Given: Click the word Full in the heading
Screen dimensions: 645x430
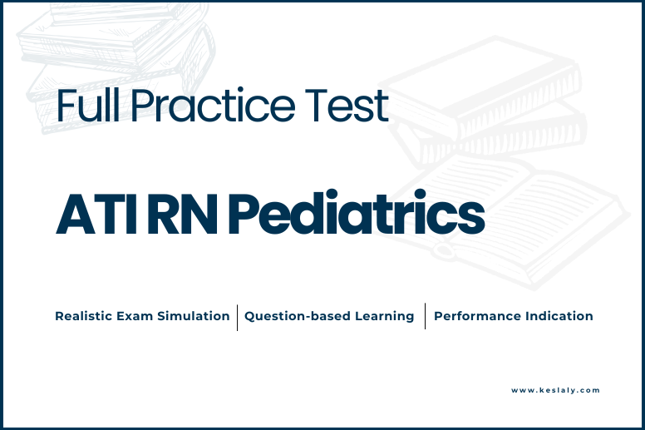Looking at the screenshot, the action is pos(88,105).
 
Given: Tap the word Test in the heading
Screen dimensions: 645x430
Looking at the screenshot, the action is pos(347,106).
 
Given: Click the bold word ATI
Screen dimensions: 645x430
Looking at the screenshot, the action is pos(96,214).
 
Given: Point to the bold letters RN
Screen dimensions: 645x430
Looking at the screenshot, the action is pos(182,214).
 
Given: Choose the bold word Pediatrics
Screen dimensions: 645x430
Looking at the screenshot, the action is pos(357,212).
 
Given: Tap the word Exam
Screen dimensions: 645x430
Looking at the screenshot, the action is pos(135,316).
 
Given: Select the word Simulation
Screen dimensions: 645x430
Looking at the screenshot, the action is pos(194,316).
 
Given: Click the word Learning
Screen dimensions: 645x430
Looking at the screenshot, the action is pos(384,316).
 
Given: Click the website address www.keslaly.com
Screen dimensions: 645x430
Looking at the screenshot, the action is pos(555,390).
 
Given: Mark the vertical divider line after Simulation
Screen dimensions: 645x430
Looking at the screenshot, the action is pos(238,317).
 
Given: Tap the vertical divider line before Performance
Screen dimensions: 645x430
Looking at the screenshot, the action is pos(425,316).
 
